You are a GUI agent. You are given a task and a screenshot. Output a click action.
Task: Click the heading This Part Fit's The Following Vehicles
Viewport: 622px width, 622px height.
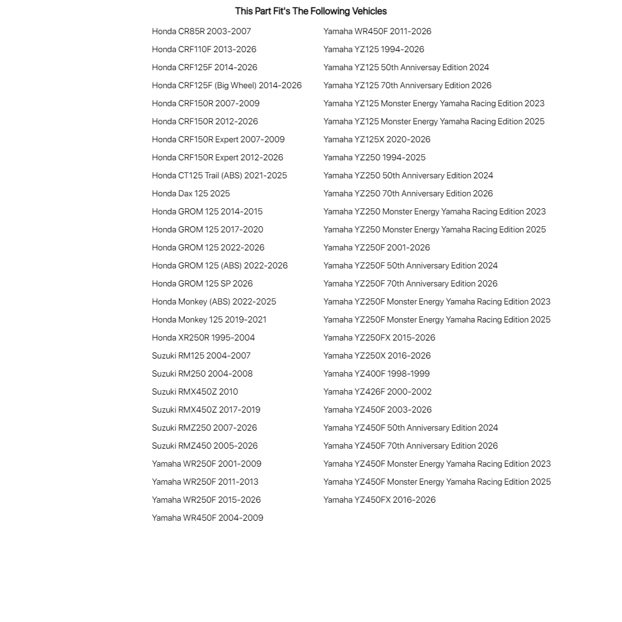pos(311,11)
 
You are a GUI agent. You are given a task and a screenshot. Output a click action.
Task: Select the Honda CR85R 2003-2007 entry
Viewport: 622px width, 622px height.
pos(201,31)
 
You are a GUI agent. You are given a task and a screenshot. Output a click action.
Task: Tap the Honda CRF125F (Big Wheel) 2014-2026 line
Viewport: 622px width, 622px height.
pos(227,85)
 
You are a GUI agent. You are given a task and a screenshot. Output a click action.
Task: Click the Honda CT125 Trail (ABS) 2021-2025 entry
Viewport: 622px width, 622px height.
pos(219,175)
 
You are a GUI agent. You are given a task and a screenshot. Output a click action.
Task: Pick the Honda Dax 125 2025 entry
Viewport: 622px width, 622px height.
pos(191,193)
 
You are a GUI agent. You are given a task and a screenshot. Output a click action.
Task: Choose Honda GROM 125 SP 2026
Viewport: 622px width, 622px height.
pos(202,283)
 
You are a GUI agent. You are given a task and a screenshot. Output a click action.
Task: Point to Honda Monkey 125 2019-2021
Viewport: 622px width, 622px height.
pos(209,319)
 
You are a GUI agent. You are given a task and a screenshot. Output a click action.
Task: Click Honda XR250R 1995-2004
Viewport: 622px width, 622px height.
pos(203,337)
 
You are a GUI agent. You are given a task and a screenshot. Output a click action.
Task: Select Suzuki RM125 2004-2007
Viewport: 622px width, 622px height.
pos(201,355)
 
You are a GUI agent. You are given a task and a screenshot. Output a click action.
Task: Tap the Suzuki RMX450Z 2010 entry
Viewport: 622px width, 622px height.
pos(194,391)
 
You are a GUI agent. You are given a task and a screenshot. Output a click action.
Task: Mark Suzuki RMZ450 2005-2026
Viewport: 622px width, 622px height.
pos(204,446)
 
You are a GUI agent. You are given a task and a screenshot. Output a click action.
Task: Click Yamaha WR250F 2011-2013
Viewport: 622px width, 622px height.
pos(205,482)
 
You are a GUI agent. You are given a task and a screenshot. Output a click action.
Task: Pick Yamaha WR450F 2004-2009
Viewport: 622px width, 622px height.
pos(208,518)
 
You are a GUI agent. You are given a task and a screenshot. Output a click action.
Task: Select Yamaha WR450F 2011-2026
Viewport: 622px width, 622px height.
pos(377,31)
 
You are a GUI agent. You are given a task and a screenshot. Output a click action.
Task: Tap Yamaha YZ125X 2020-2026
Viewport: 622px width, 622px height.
pos(377,139)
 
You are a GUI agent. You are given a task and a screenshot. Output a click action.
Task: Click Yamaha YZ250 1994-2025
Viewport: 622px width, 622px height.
pos(374,157)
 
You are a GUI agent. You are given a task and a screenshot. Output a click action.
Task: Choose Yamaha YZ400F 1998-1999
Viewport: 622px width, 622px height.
pos(377,373)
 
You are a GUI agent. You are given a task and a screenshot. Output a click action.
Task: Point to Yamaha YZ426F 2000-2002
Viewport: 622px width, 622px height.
pos(377,391)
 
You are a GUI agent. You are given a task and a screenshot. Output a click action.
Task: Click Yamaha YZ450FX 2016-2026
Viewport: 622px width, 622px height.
pos(380,500)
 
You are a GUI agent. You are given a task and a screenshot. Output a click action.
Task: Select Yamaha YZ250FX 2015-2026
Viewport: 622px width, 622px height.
pos(379,337)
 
